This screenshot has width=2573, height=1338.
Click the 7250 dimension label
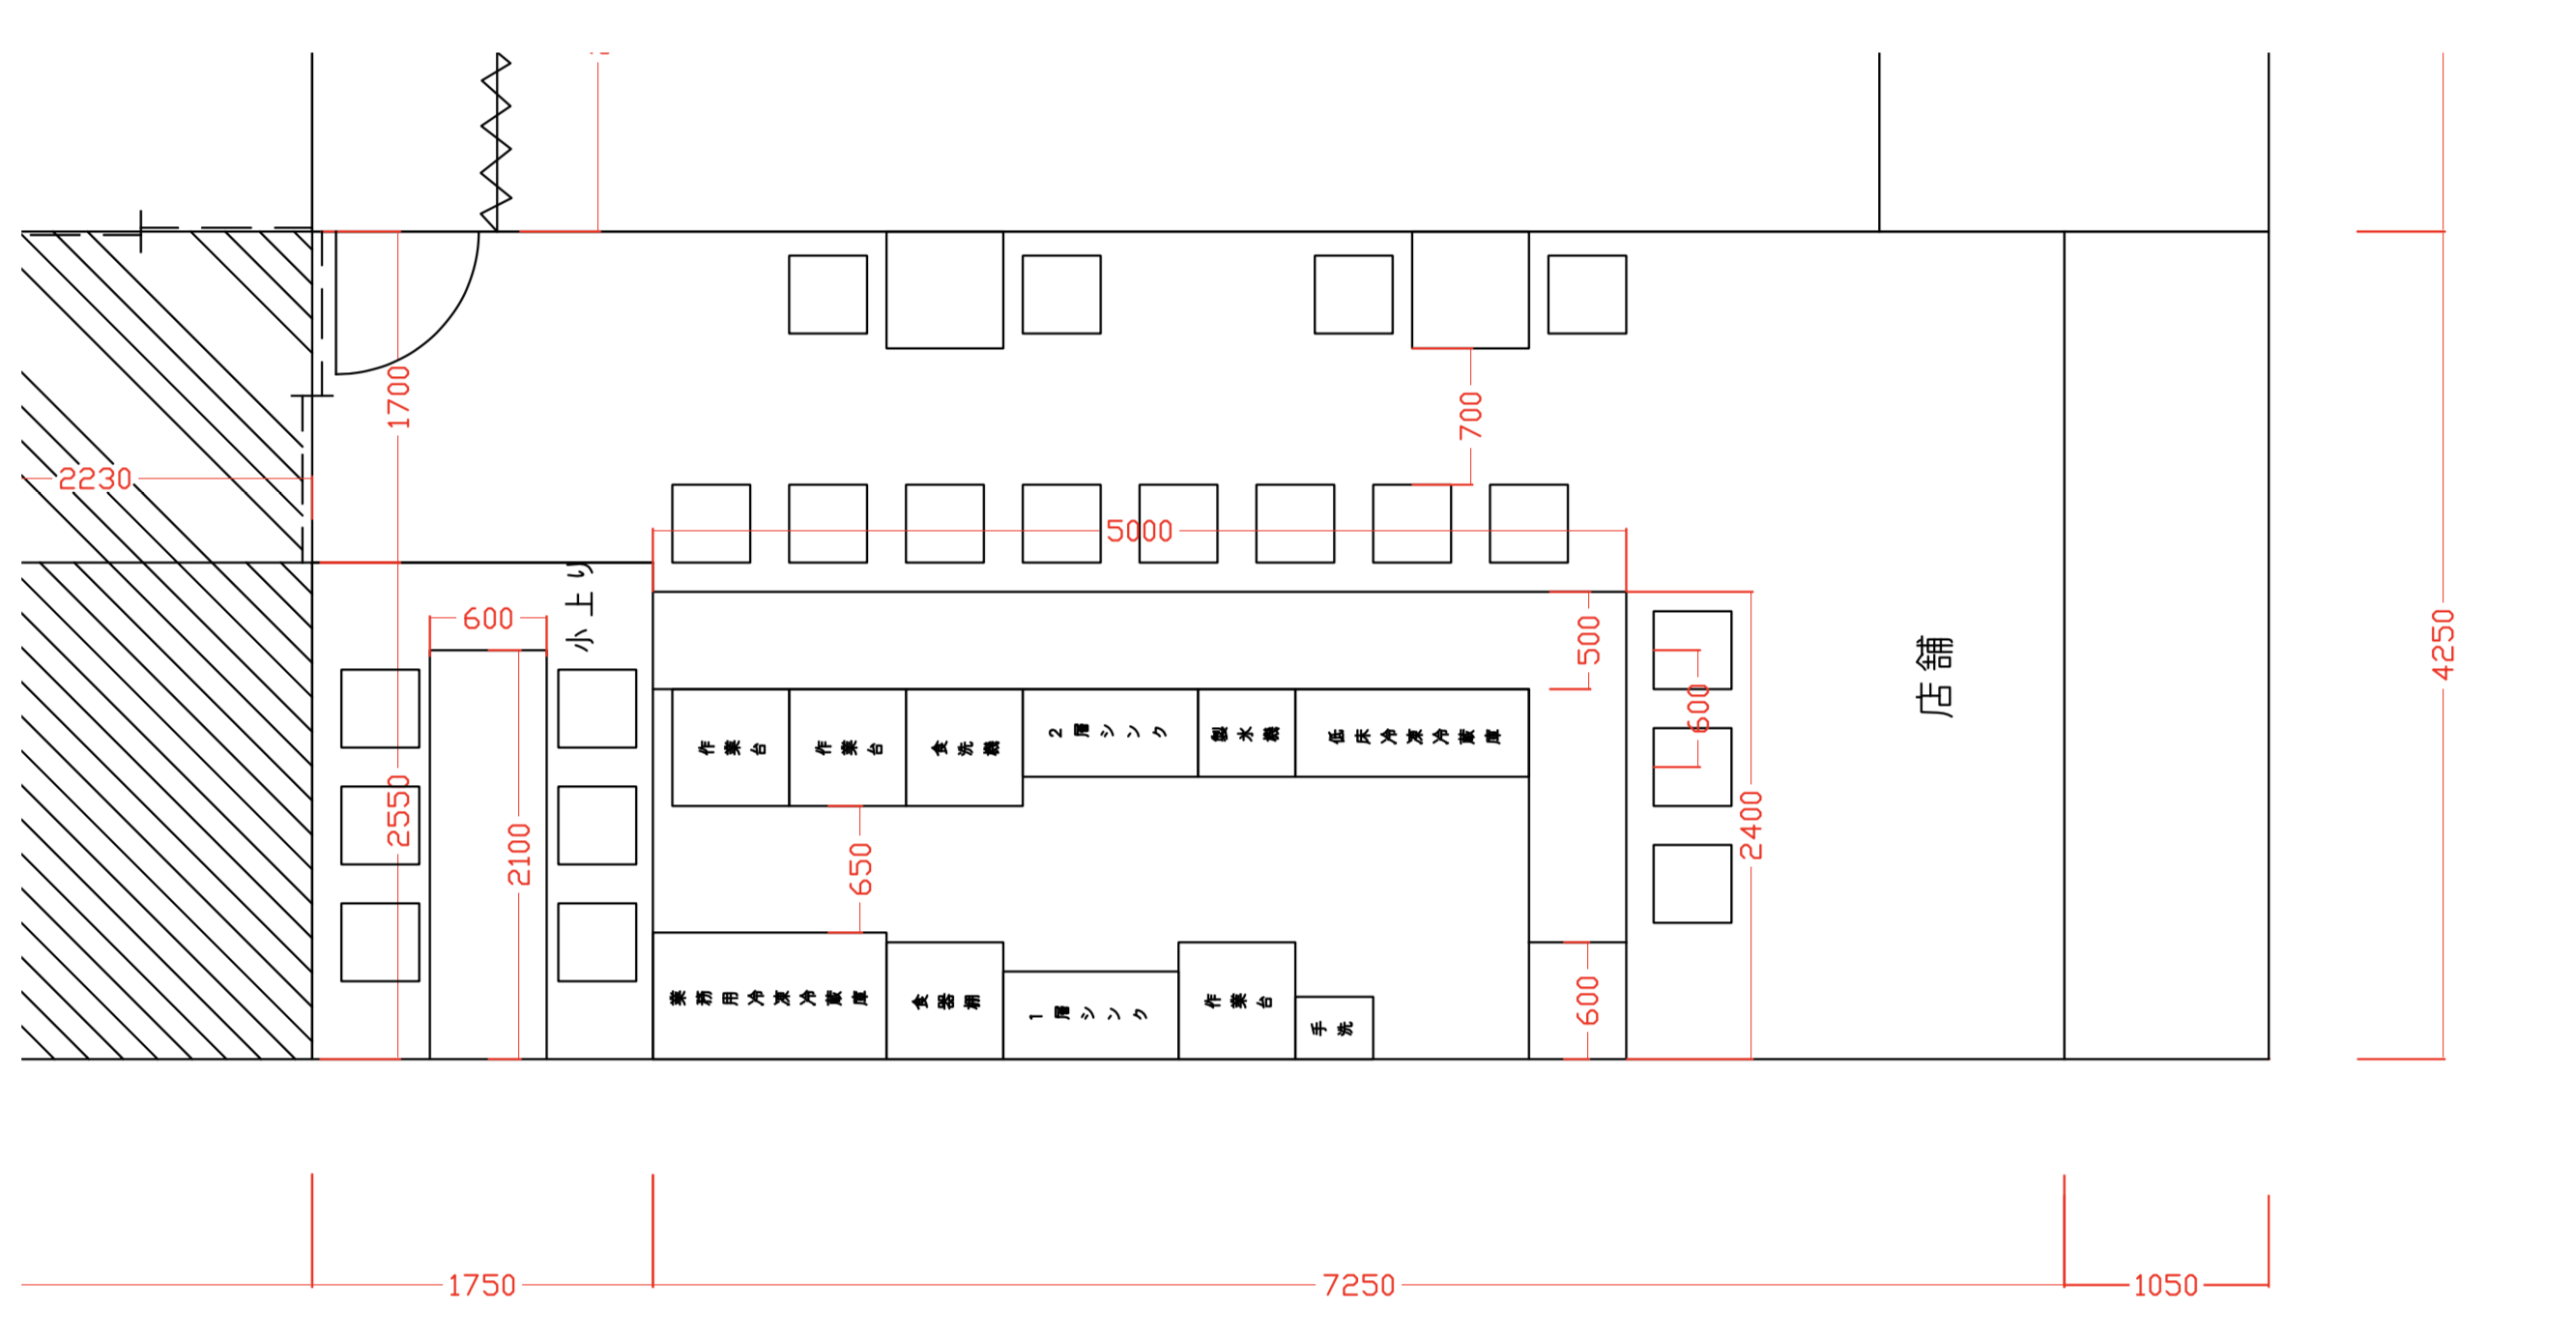pyautogui.click(x=1357, y=1284)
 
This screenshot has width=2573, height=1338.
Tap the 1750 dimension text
pyautogui.click(x=481, y=1284)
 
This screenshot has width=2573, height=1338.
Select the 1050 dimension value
pyautogui.click(x=2164, y=1284)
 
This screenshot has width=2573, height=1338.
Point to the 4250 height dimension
pyautogui.click(x=2443, y=645)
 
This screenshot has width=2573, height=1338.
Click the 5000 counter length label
pyautogui.click(x=1139, y=531)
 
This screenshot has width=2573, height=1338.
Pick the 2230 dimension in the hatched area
pyautogui.click(x=95, y=479)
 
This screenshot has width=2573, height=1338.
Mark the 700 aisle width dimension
pyautogui.click(x=1470, y=415)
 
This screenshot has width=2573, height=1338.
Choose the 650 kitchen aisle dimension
pyautogui.click(x=860, y=868)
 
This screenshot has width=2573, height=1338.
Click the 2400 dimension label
pyautogui.click(x=1751, y=825)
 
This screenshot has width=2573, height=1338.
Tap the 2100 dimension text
pyautogui.click(x=518, y=855)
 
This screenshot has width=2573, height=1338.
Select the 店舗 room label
pyautogui.click(x=1935, y=677)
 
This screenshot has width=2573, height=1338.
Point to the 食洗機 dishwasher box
pyautogui.click(x=964, y=746)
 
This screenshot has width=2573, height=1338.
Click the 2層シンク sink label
pyautogui.click(x=1109, y=732)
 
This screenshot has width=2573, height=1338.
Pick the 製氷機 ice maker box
pyautogui.click(x=1246, y=733)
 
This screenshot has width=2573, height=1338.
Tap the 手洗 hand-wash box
pyautogui.click(x=1334, y=1028)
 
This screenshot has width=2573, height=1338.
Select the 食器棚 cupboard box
pyautogui.click(x=944, y=1000)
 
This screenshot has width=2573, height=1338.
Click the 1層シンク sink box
pyautogui.click(x=1089, y=1014)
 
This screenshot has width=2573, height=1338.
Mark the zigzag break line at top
pyautogui.click(x=497, y=140)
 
